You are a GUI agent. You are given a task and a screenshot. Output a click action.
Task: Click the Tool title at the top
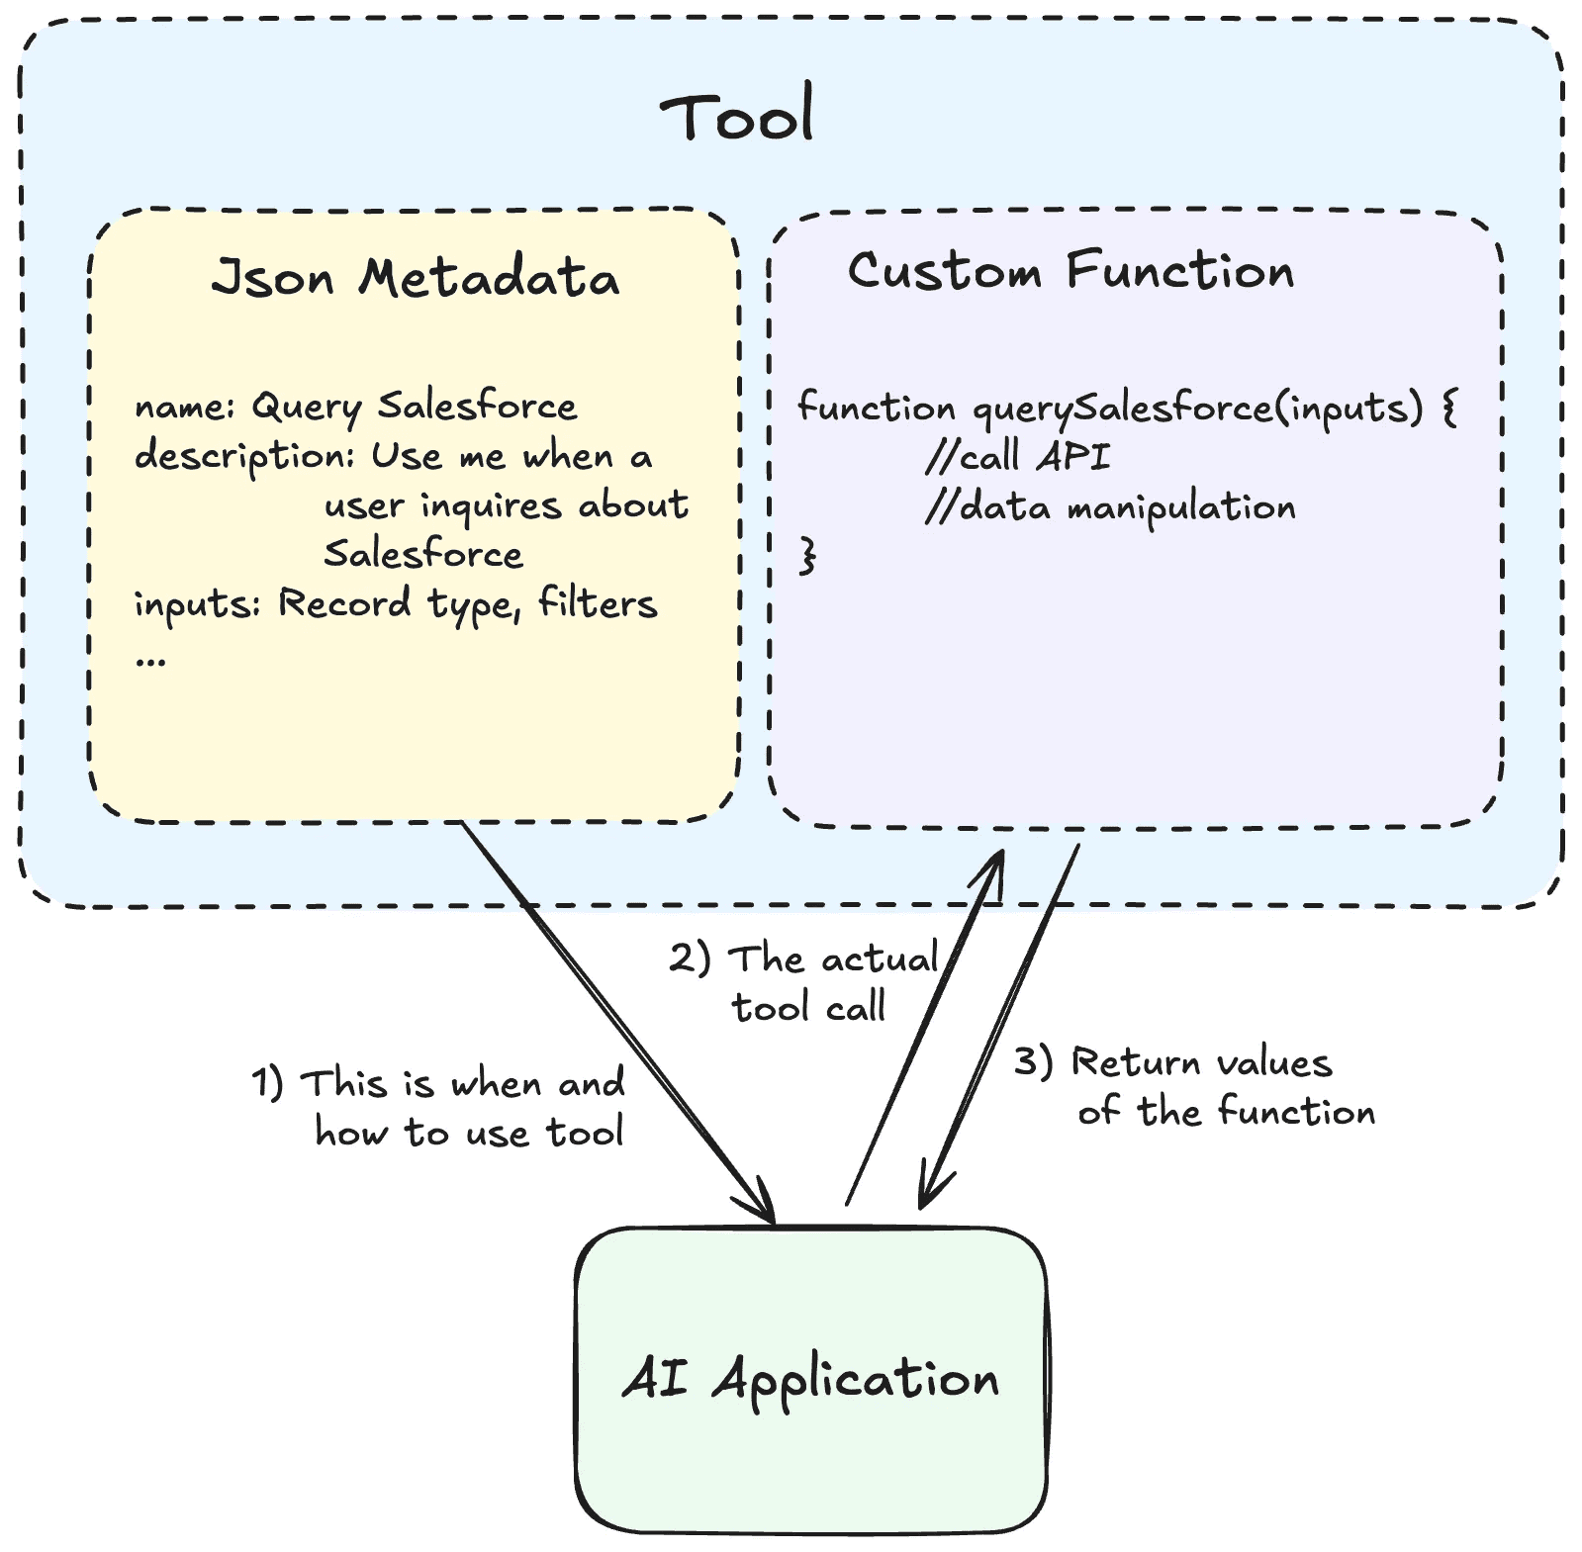click(737, 116)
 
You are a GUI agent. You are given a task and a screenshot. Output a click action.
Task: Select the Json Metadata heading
click(415, 278)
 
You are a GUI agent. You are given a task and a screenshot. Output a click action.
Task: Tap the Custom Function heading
click(1070, 271)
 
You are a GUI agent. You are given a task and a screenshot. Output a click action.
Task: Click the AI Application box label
click(810, 1378)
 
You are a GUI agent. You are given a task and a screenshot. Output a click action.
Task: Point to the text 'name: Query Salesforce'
click(355, 407)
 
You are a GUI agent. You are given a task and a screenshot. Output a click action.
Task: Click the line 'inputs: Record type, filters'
click(396, 603)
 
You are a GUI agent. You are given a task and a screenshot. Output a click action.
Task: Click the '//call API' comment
click(1017, 457)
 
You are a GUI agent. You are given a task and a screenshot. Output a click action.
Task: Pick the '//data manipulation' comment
click(1110, 507)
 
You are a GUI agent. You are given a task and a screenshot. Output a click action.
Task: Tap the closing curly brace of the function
click(808, 555)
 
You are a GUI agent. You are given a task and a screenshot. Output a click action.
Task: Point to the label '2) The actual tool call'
click(804, 983)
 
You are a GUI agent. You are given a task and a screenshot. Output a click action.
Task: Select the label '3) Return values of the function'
click(1195, 1087)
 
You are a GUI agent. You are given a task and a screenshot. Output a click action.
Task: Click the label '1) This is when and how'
click(440, 1108)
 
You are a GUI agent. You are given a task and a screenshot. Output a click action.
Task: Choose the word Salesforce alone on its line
click(423, 554)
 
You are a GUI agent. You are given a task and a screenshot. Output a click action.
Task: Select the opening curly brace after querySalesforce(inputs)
click(1449, 407)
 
